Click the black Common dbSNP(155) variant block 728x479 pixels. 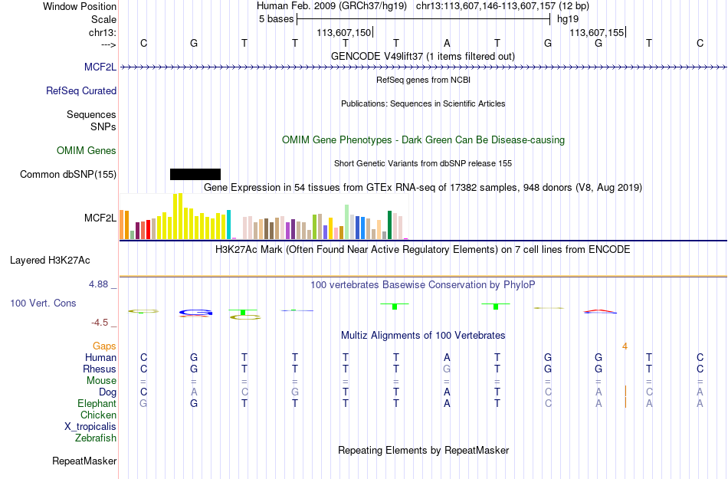click(x=195, y=174)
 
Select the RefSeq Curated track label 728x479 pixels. click(x=81, y=91)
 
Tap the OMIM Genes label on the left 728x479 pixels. click(x=87, y=151)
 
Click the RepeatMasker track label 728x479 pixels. click(x=84, y=461)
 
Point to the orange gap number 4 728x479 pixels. click(x=625, y=346)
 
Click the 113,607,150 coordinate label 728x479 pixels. click(x=344, y=32)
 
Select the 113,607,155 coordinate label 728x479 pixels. click(x=597, y=32)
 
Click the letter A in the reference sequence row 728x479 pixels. click(x=447, y=43)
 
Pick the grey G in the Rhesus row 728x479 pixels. click(x=447, y=369)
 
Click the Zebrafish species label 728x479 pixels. click(x=96, y=438)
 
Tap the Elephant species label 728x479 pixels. click(x=97, y=403)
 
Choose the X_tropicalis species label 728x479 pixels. click(x=90, y=427)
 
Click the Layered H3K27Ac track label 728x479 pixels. click(x=50, y=261)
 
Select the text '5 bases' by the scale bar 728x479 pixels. click(x=276, y=19)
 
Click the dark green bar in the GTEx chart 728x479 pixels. click(x=390, y=225)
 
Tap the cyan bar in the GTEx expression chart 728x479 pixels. click(x=228, y=225)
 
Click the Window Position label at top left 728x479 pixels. click(x=80, y=6)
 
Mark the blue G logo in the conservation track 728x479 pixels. click(x=195, y=313)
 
